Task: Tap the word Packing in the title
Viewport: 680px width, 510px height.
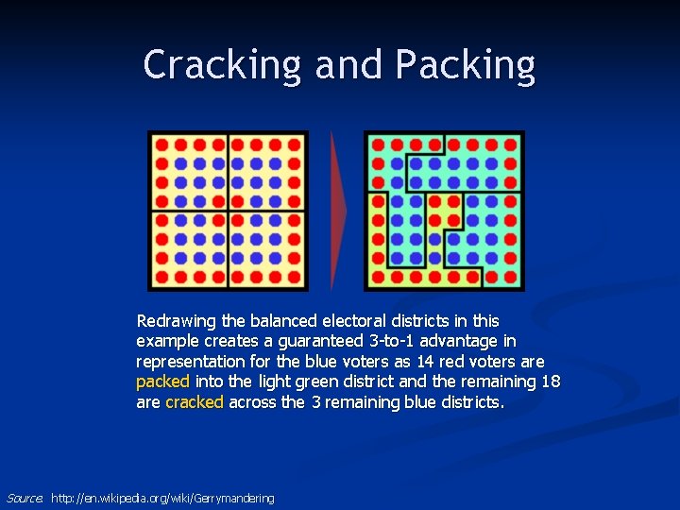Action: pyautogui.click(x=466, y=65)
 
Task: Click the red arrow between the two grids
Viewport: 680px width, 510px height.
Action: pyautogui.click(x=338, y=210)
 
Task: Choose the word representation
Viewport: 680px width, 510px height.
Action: pyautogui.click(x=190, y=362)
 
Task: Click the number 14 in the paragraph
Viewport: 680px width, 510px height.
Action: pyautogui.click(x=426, y=362)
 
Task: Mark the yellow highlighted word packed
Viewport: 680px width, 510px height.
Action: pyautogui.click(x=162, y=382)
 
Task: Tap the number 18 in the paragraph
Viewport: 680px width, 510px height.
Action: pyautogui.click(x=552, y=382)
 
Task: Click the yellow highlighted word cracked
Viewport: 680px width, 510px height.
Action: pyautogui.click(x=195, y=402)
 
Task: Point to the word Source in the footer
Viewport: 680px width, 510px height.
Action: pyautogui.click(x=24, y=498)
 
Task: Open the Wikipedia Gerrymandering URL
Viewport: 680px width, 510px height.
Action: pyautogui.click(x=162, y=498)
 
